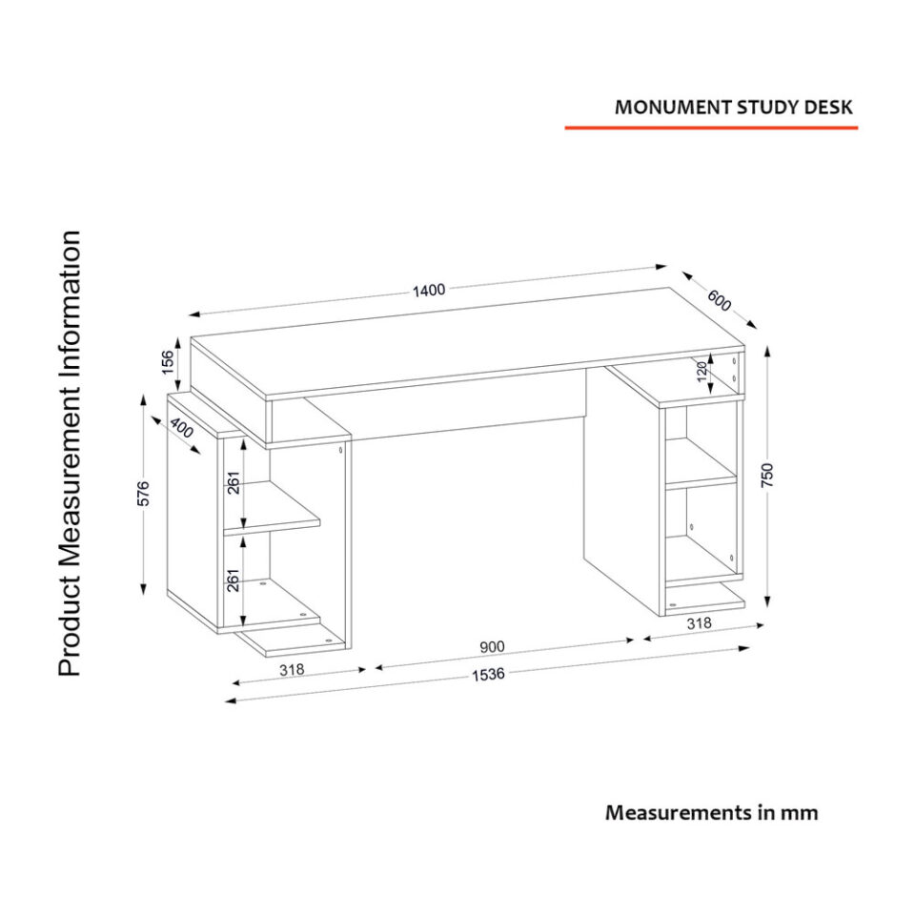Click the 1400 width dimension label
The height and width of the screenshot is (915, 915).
429,291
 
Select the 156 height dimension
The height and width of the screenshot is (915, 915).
168,362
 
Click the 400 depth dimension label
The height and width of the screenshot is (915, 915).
181,432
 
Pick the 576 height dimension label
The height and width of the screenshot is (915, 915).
144,494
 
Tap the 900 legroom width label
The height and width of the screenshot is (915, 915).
492,646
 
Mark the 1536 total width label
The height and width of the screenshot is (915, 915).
487,675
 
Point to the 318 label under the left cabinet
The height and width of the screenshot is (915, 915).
291,669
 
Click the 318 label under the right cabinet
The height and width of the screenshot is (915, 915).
699,623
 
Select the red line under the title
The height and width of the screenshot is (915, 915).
711,127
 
